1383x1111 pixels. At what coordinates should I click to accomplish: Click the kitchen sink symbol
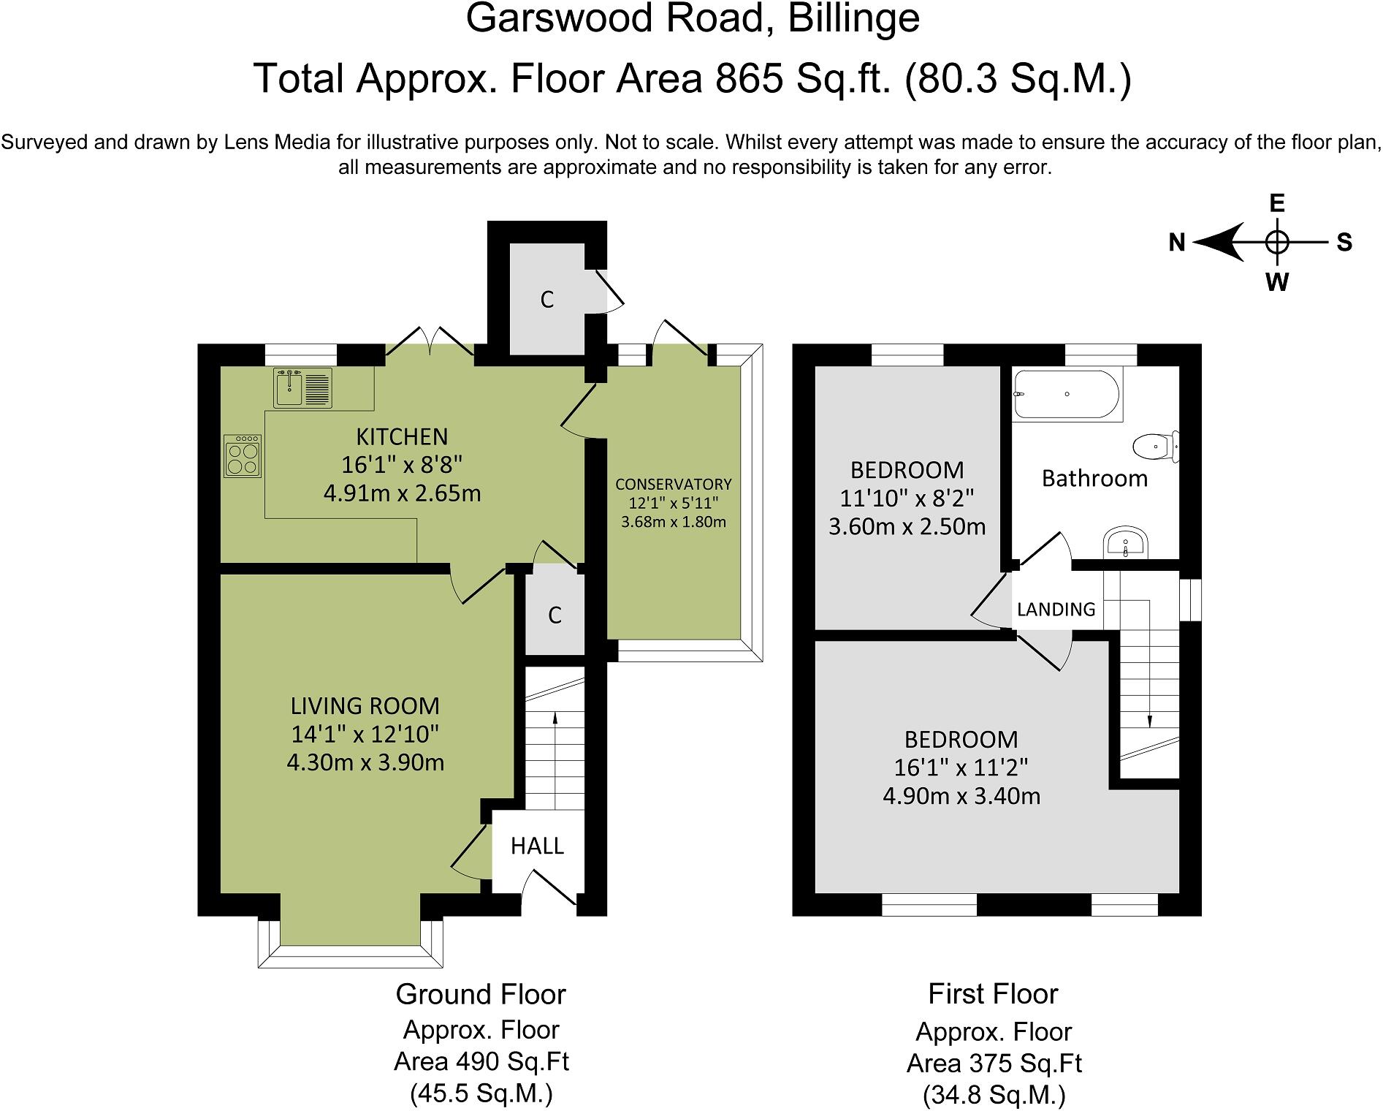click(x=302, y=387)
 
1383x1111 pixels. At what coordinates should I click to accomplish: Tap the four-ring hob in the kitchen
click(x=243, y=456)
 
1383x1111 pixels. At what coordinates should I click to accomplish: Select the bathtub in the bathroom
click(x=1067, y=394)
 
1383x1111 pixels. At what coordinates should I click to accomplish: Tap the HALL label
click(x=537, y=846)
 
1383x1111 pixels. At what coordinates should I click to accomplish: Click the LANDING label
click(x=1056, y=609)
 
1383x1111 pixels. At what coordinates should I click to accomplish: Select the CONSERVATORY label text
click(x=673, y=484)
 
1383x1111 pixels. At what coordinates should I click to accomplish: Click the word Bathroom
click(x=1094, y=478)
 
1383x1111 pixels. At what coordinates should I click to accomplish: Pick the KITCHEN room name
click(x=402, y=436)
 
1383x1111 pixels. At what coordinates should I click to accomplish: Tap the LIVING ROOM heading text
click(x=365, y=705)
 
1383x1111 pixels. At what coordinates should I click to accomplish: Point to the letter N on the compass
click(x=1176, y=242)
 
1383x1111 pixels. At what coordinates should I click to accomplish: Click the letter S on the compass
click(x=1344, y=242)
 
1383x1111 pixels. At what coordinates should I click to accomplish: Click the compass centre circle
click(x=1276, y=241)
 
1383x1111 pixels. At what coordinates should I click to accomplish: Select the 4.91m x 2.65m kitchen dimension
click(x=402, y=493)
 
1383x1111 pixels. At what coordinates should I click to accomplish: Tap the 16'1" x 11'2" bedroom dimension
click(x=961, y=767)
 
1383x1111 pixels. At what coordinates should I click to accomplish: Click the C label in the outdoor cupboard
click(x=547, y=300)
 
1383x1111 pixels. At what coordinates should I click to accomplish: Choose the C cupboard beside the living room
click(x=555, y=615)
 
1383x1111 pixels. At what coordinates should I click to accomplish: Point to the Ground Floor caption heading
click(x=481, y=994)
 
